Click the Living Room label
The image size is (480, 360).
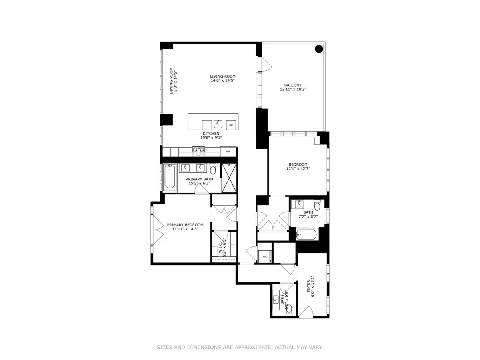[x=223, y=76]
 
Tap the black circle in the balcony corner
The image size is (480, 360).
[x=319, y=49]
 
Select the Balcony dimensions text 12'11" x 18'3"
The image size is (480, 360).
[x=293, y=90]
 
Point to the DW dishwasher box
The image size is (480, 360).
[x=231, y=125]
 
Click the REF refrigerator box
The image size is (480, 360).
[x=228, y=152]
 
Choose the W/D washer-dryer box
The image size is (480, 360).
[x=265, y=257]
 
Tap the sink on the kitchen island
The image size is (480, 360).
[x=218, y=124]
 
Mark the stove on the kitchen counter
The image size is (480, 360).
[x=199, y=150]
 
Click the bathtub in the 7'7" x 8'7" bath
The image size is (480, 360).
[x=307, y=234]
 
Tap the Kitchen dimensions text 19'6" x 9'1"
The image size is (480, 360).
[x=211, y=138]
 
